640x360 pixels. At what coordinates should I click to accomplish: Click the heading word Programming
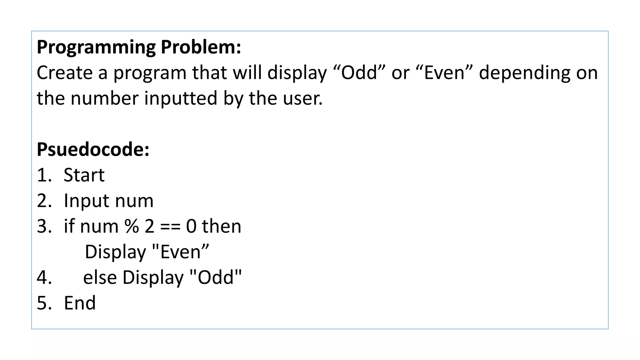click(x=96, y=47)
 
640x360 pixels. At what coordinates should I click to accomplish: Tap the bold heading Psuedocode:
click(x=93, y=149)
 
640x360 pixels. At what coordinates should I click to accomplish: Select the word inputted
click(x=180, y=98)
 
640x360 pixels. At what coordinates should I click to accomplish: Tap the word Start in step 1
click(x=84, y=175)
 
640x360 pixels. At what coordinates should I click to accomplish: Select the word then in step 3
click(x=222, y=226)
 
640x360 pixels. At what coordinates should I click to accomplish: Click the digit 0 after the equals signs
click(x=191, y=226)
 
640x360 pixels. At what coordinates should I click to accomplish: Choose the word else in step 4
click(x=100, y=277)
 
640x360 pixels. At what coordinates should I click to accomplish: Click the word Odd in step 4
click(x=216, y=277)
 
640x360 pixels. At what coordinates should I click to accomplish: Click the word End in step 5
click(x=80, y=303)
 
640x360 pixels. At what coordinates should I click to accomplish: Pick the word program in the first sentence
click(x=150, y=73)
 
